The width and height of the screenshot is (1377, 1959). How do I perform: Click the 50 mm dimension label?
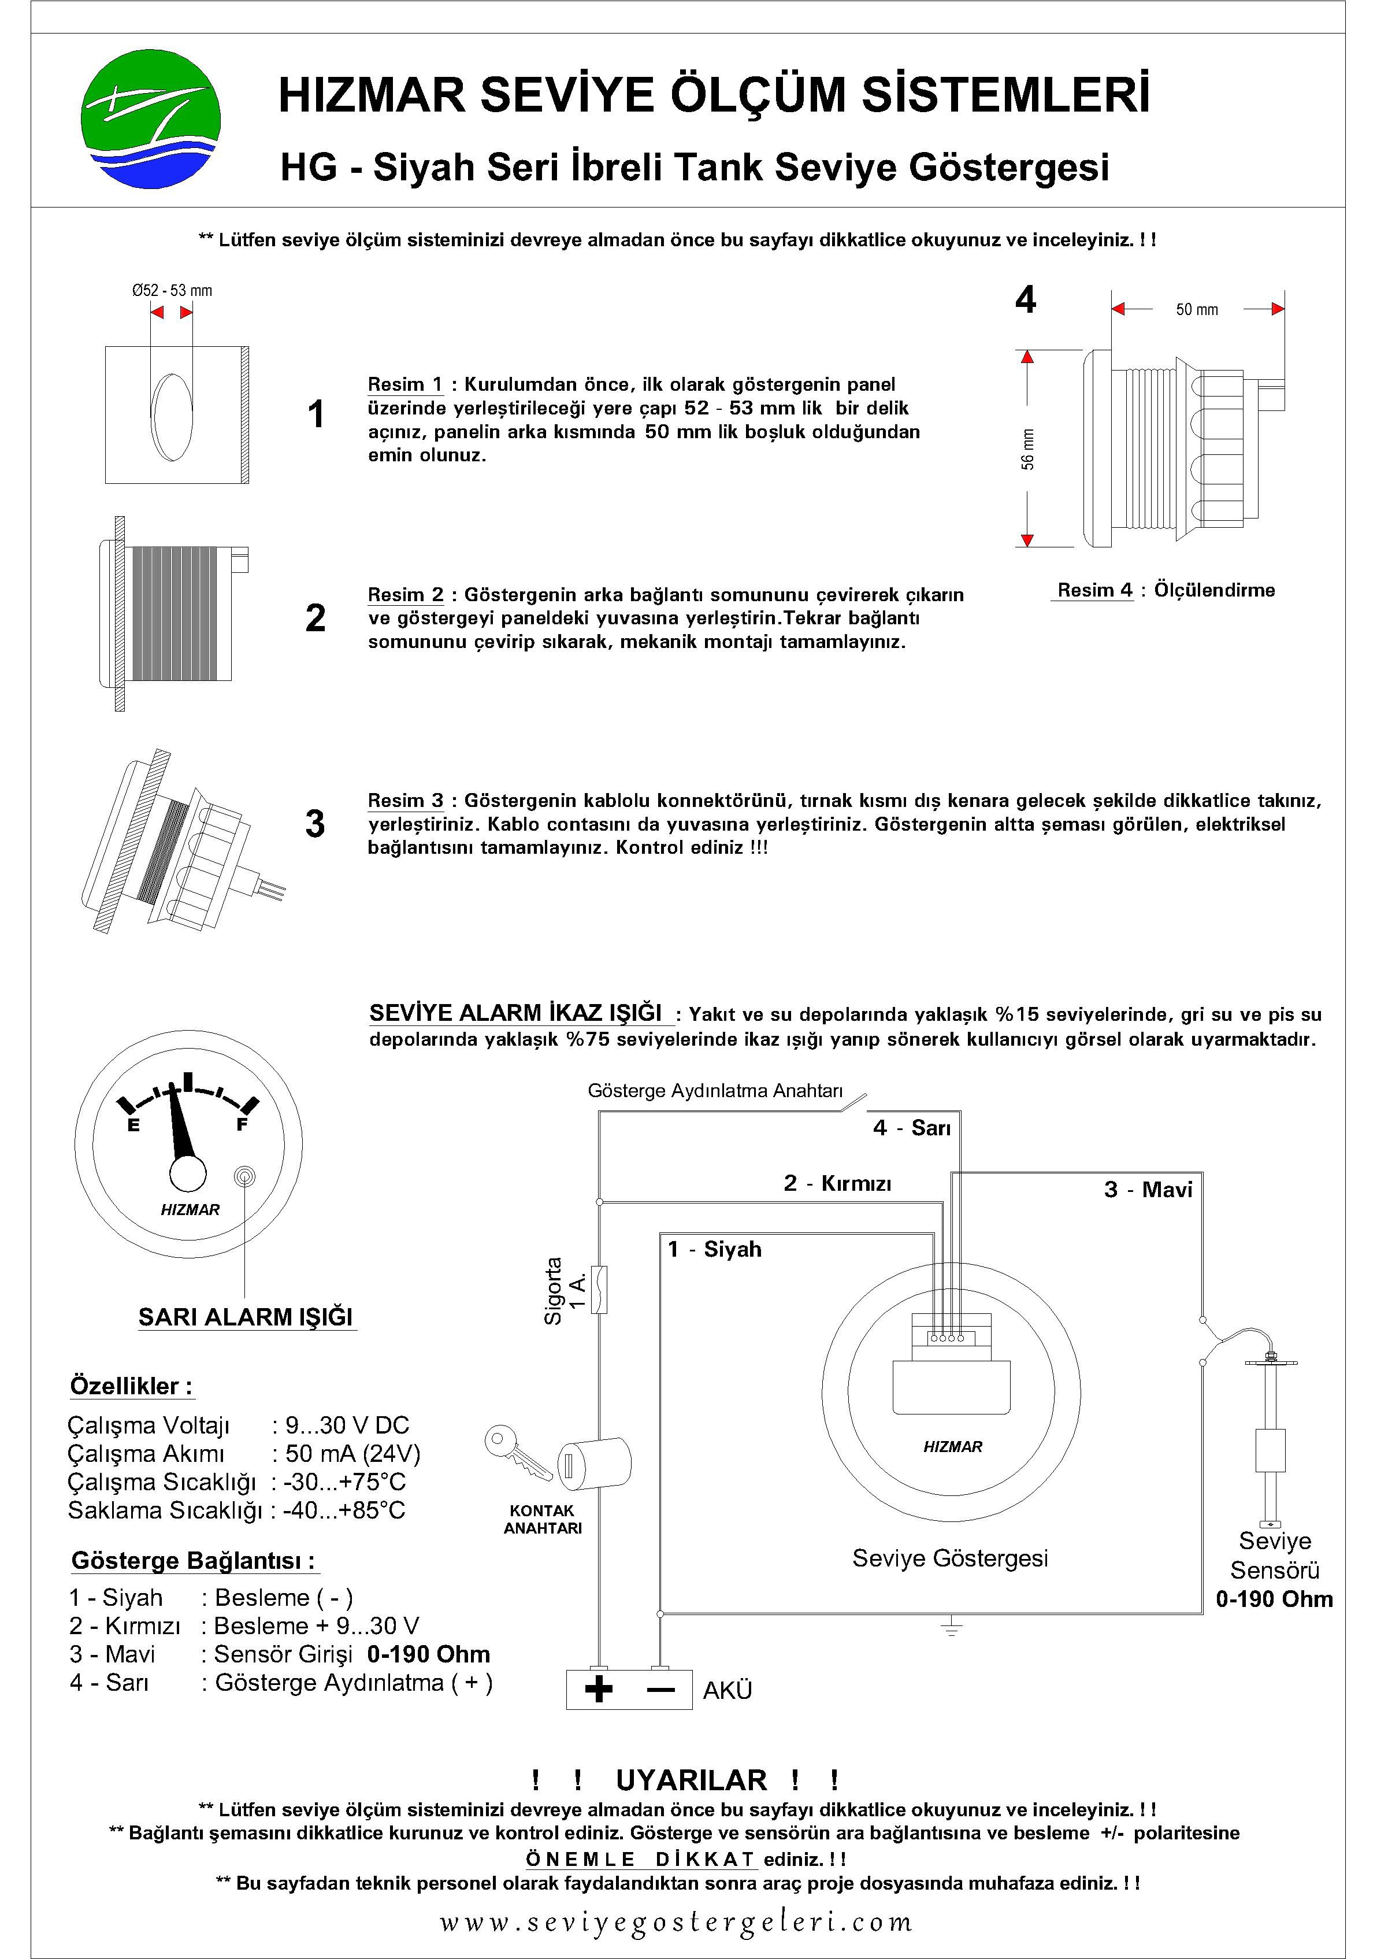tap(1196, 310)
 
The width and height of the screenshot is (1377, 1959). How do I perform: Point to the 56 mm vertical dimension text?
tap(1027, 449)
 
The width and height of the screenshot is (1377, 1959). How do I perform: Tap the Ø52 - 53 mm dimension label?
tap(172, 291)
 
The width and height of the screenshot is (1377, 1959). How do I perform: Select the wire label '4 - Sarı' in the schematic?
tap(911, 1128)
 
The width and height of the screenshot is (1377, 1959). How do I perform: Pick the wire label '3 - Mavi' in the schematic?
tap(1148, 1190)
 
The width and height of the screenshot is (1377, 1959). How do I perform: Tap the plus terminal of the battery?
tap(599, 1690)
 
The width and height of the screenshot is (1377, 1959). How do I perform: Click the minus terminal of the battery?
tap(660, 1690)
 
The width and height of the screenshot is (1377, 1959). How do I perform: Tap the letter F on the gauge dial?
tap(242, 1124)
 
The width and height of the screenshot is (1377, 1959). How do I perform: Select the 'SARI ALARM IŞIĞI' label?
tap(246, 1317)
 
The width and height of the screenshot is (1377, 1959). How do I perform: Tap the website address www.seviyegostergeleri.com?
tap(675, 1921)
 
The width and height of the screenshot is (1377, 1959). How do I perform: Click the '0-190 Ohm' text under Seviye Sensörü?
tap(1274, 1599)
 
